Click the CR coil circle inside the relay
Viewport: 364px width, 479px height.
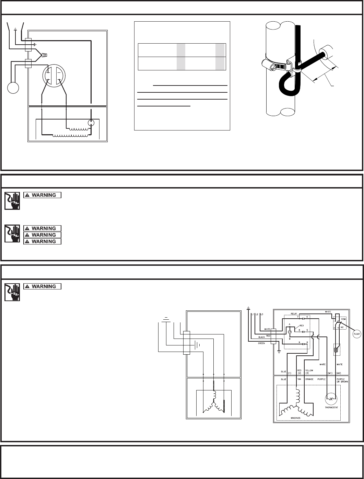tap(289, 332)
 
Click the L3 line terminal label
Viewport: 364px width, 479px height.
tap(262, 315)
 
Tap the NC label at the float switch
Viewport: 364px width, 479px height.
tap(344, 328)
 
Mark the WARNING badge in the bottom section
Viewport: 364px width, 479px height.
tap(42, 286)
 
